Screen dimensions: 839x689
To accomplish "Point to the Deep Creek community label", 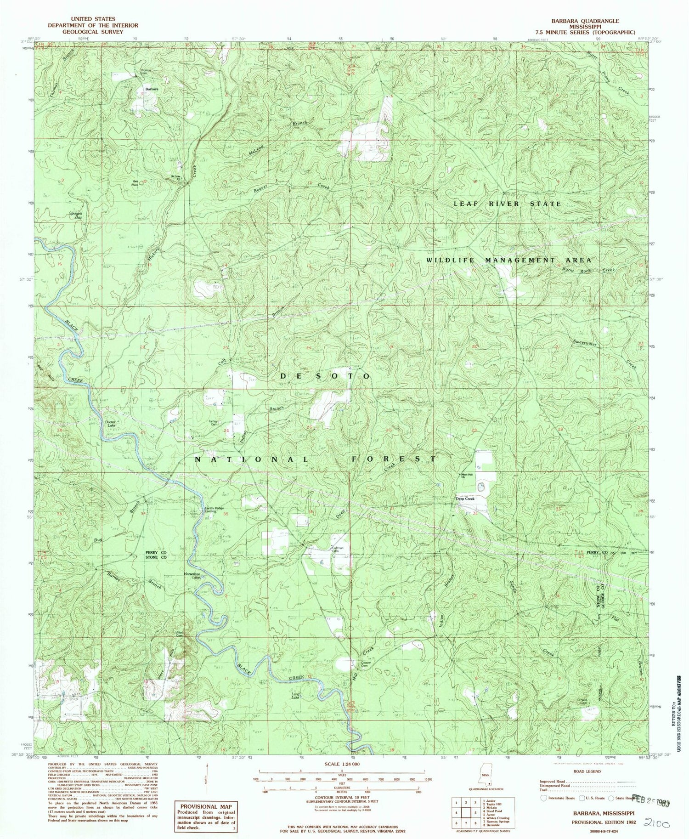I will [465, 499].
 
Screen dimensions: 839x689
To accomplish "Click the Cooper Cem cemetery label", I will [366, 664].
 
